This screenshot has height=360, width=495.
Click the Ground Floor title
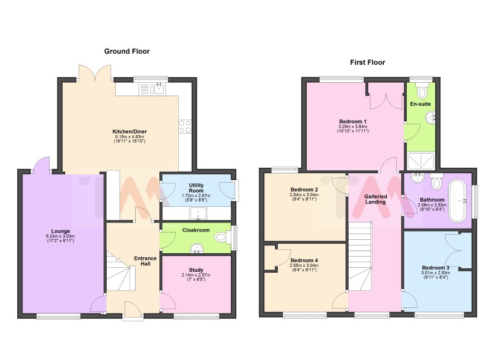[127, 51]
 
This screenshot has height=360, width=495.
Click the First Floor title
[368, 62]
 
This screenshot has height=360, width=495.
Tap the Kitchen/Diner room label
[130, 131]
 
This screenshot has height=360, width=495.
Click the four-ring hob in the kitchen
[185, 127]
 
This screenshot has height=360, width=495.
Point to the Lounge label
[60, 231]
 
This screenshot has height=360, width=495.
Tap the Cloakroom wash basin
[198, 249]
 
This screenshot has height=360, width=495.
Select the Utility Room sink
[198, 213]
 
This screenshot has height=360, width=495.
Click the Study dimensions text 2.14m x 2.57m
[196, 275]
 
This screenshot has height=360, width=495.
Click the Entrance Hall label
[145, 261]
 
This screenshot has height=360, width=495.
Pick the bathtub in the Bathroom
[458, 201]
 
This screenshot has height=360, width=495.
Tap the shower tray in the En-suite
[421, 161]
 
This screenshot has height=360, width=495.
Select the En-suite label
[421, 104]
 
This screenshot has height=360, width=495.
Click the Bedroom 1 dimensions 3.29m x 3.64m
[353, 127]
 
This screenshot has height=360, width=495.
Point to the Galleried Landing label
[375, 199]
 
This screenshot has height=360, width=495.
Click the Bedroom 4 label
[304, 260]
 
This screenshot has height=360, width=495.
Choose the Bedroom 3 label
[436, 268]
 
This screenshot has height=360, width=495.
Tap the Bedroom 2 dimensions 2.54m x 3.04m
[304, 195]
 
